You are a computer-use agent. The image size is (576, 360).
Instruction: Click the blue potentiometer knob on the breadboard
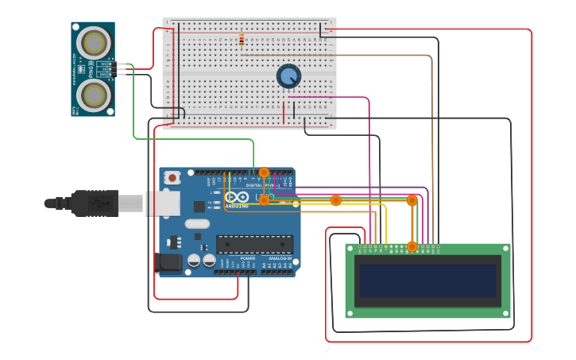pyautogui.click(x=288, y=76)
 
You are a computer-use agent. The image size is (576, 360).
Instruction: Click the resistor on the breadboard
pyautogui.click(x=242, y=39)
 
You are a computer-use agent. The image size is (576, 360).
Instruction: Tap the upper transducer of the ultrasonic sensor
pyautogui.click(x=94, y=41)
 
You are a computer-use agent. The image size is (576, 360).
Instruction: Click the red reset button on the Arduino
pyautogui.click(x=172, y=178)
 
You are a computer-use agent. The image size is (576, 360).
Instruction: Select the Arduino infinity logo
pyautogui.click(x=236, y=197)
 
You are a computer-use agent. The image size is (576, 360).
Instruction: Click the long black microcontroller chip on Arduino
pyautogui.click(x=253, y=244)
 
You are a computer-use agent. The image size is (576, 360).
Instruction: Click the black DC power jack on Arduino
pyautogui.click(x=168, y=261)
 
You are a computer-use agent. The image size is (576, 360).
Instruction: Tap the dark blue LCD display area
pyautogui.click(x=427, y=281)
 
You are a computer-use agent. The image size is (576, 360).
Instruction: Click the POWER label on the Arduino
pyautogui.click(x=248, y=258)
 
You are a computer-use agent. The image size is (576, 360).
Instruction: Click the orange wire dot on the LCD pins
pyautogui.click(x=412, y=247)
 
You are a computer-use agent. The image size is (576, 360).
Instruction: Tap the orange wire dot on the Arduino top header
pyautogui.click(x=264, y=172)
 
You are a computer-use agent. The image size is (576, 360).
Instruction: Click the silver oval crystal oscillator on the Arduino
pyautogui.click(x=197, y=224)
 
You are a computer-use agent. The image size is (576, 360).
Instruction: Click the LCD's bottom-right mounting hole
pyautogui.click(x=504, y=313)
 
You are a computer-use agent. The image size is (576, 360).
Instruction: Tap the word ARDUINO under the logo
pyautogui.click(x=237, y=206)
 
